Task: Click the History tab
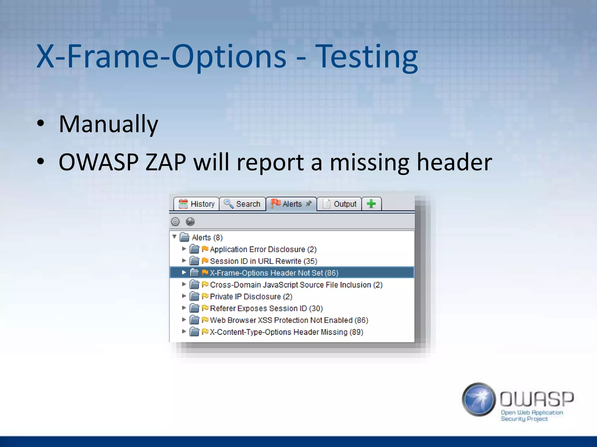coord(196,204)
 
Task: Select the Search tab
coord(242,204)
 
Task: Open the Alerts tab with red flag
coord(291,204)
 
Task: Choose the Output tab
coord(339,204)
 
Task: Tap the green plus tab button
coord(371,204)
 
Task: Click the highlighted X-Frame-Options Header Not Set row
coord(274,273)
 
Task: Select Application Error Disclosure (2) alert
coord(263,249)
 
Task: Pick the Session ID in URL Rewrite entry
coord(263,261)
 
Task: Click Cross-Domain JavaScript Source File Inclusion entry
coord(296,285)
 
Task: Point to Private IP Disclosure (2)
coord(251,296)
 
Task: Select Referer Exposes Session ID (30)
coord(266,308)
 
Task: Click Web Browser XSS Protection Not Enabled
coord(289,320)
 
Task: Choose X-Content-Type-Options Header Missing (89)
coord(286,332)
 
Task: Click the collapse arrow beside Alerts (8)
coord(174,237)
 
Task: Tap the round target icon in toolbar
coord(175,222)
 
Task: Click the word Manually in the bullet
coord(108,124)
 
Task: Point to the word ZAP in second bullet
coord(166,162)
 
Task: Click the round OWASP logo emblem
coord(479,399)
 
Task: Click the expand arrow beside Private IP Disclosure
coord(184,296)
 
